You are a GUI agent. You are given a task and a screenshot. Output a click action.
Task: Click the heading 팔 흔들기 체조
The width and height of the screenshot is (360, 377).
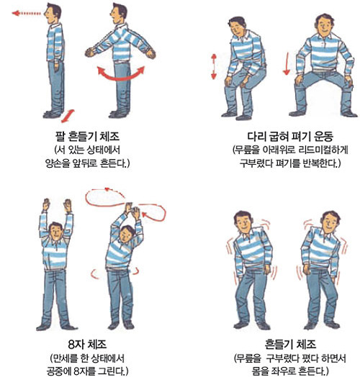click(x=87, y=136)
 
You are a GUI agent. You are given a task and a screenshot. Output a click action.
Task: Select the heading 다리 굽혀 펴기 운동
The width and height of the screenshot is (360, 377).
click(x=290, y=136)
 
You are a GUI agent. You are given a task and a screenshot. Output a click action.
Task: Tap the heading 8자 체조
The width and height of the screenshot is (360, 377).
click(x=87, y=345)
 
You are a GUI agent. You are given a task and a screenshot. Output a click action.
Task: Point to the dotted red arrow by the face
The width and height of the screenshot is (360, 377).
click(x=27, y=13)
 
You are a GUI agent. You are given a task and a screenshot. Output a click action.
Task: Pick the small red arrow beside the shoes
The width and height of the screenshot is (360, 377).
click(x=68, y=116)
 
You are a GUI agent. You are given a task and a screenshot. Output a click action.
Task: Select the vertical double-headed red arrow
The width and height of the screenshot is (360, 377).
click(x=214, y=67)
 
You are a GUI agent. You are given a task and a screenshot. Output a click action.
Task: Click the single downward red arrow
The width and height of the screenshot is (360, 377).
click(x=287, y=63)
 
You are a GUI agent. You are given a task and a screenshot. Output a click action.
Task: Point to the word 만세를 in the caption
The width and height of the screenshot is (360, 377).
click(x=65, y=358)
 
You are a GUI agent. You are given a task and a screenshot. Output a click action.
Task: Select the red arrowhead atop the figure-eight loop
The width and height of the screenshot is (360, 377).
click(x=107, y=189)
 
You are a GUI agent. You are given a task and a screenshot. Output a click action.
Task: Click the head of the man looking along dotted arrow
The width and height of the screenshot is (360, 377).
click(x=53, y=13)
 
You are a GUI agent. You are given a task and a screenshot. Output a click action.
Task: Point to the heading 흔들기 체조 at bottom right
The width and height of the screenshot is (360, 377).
click(x=290, y=345)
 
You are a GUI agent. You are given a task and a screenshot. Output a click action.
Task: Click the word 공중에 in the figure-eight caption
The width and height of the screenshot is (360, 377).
click(x=59, y=371)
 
